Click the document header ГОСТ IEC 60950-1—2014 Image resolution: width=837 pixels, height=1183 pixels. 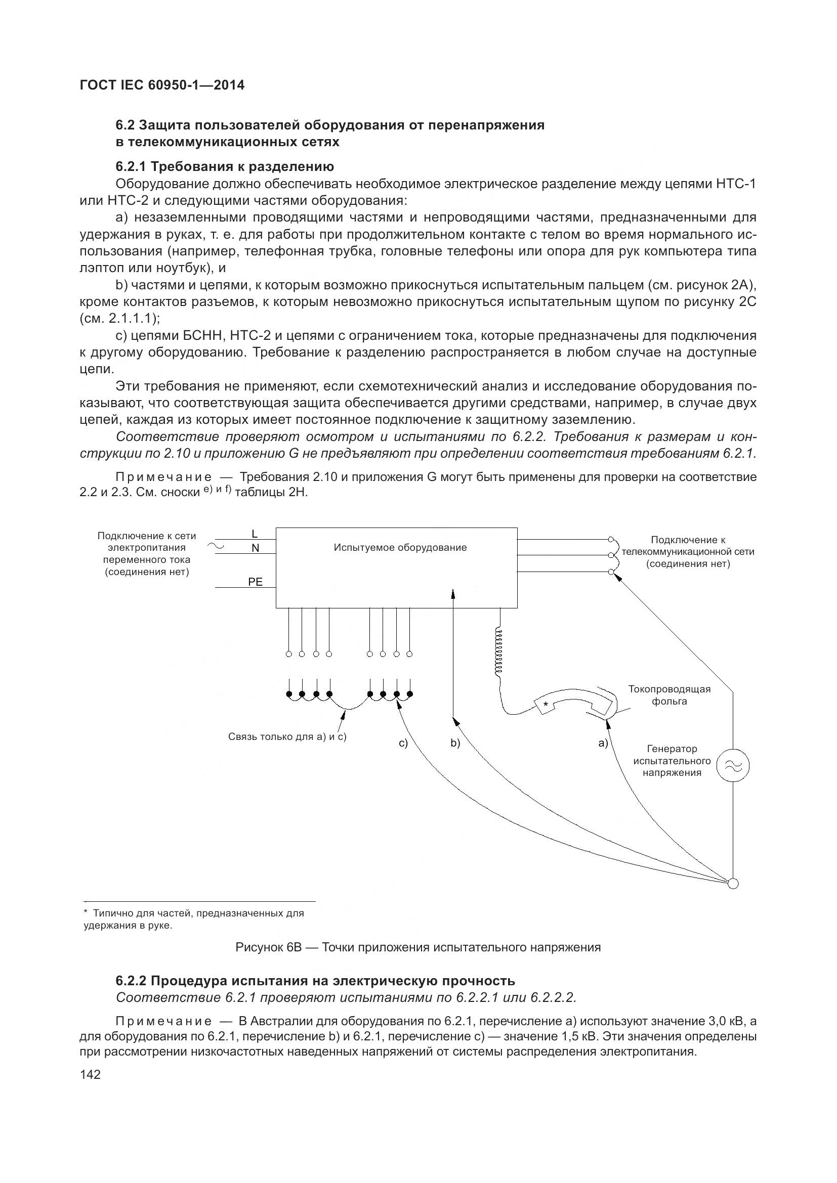pos(162,85)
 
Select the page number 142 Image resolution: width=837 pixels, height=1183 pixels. pos(90,1074)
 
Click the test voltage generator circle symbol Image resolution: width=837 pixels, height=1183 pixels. pos(733,767)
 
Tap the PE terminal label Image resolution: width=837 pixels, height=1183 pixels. pos(255,582)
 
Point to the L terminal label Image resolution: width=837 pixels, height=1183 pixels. pos(255,533)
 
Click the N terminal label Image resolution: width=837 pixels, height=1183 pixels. pos(255,548)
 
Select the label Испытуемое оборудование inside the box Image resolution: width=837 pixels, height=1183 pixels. pos(400,548)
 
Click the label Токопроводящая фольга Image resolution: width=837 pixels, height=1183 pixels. pos(669,695)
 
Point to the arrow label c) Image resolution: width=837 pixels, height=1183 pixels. pos(403,743)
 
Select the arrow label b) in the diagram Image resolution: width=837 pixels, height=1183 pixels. pos(455,743)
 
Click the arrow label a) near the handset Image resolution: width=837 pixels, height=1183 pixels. pos(603,743)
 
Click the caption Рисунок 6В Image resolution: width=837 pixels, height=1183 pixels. pos(417,947)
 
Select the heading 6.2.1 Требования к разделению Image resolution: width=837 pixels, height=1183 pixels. pos(225,166)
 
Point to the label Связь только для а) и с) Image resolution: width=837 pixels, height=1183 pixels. pos(287,737)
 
